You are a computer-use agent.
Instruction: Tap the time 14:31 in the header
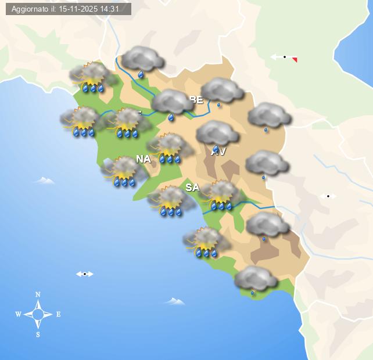point(120,9)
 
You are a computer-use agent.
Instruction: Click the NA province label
point(144,159)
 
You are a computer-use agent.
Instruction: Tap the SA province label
point(192,187)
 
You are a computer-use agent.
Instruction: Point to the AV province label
point(218,152)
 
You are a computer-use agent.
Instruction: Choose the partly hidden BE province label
point(196,99)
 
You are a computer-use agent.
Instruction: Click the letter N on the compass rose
point(38,294)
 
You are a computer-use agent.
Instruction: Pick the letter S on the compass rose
point(38,334)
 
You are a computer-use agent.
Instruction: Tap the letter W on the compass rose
point(18,314)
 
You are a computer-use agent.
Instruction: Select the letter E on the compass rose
point(58,314)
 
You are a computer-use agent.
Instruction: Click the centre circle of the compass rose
point(38,314)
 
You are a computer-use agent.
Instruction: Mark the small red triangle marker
point(295,59)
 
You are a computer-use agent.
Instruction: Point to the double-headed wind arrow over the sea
point(85,273)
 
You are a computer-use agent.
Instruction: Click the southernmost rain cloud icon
point(256,280)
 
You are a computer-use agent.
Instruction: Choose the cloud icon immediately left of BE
point(172,103)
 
